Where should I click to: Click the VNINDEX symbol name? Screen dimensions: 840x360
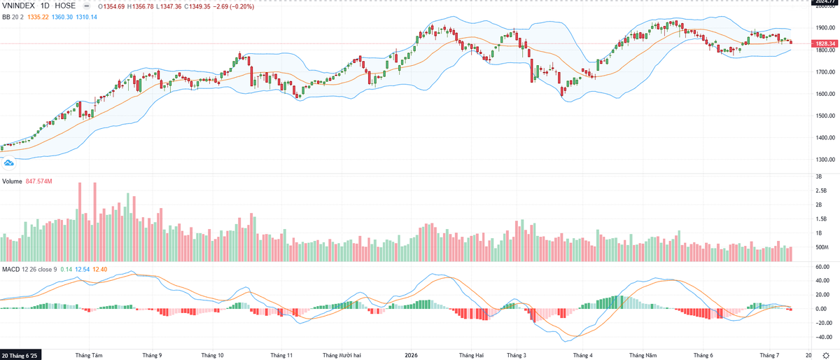click(18, 6)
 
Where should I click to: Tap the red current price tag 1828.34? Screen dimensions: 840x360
click(825, 43)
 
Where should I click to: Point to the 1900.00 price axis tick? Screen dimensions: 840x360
click(825, 28)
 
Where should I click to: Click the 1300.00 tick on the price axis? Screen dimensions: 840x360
click(825, 160)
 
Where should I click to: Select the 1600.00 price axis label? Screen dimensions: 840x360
click(825, 94)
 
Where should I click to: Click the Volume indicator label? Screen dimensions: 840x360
click(12, 181)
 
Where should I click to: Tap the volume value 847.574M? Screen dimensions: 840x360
click(39, 181)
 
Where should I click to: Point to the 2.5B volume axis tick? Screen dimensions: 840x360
click(821, 191)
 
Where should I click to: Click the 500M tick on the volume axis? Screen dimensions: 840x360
click(822, 247)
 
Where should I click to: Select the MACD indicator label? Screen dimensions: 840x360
click(11, 270)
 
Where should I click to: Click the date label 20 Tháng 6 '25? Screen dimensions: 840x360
click(20, 355)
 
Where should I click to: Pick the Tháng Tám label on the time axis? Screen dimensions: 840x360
click(89, 355)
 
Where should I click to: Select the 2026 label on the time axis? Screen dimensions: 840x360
click(411, 355)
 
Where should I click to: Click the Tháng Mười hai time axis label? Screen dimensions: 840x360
click(342, 355)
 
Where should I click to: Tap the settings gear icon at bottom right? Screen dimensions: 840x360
click(826, 355)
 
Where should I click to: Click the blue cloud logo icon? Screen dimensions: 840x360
click(8, 163)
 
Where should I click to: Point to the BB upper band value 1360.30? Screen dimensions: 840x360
click(62, 17)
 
